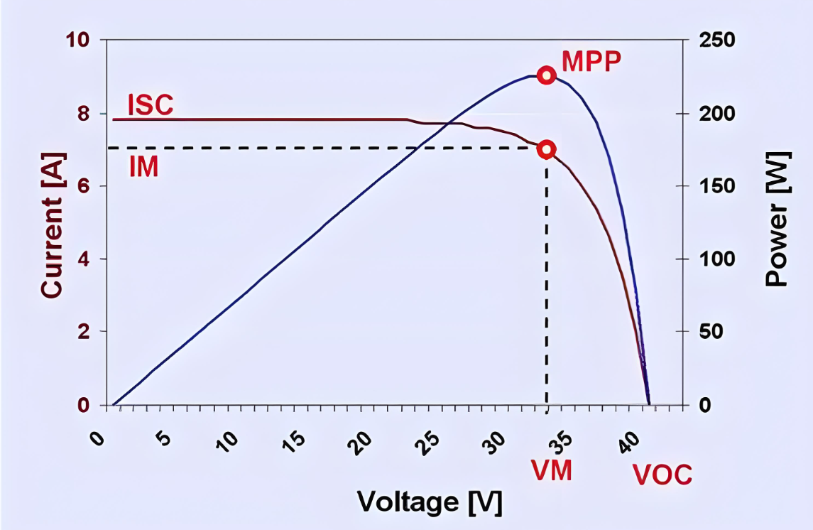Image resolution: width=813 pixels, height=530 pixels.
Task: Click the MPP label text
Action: tap(591, 62)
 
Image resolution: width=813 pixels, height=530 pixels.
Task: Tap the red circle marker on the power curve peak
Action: tap(545, 75)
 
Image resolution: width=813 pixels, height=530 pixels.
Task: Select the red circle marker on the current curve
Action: tap(546, 149)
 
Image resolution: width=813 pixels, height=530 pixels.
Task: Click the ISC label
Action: tap(150, 104)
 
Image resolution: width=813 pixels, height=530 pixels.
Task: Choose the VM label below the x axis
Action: tap(552, 470)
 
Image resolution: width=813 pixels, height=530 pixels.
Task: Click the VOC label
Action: tap(662, 475)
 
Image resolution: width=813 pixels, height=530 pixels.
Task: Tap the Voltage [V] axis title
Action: tap(430, 502)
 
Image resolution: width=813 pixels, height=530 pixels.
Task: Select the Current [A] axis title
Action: tap(52, 225)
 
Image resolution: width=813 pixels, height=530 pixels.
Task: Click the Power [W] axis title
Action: tap(778, 219)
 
